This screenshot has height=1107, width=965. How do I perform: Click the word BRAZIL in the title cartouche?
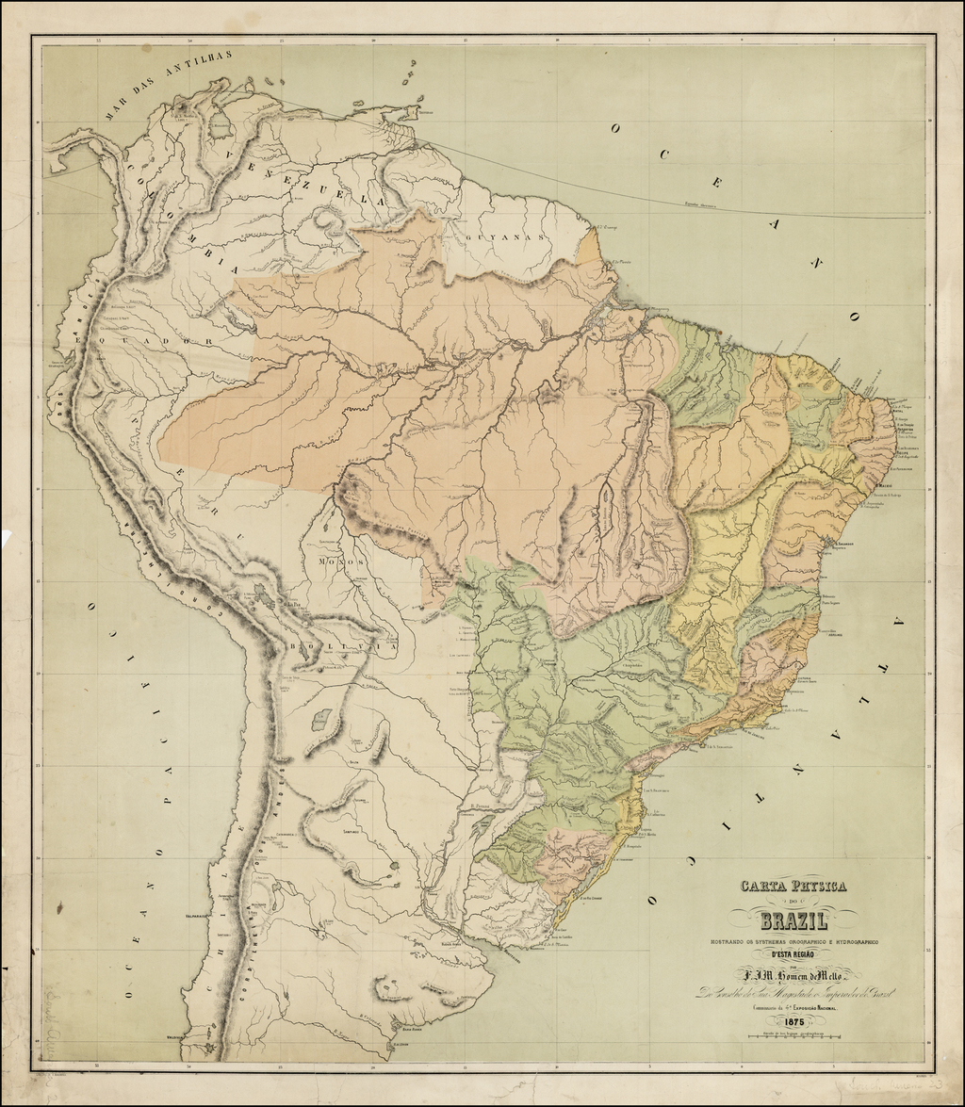(787, 922)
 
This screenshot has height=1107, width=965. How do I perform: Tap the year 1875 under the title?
(786, 1021)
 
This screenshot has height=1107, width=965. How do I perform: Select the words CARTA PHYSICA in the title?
(793, 887)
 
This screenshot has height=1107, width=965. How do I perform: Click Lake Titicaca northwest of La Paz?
(263, 594)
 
